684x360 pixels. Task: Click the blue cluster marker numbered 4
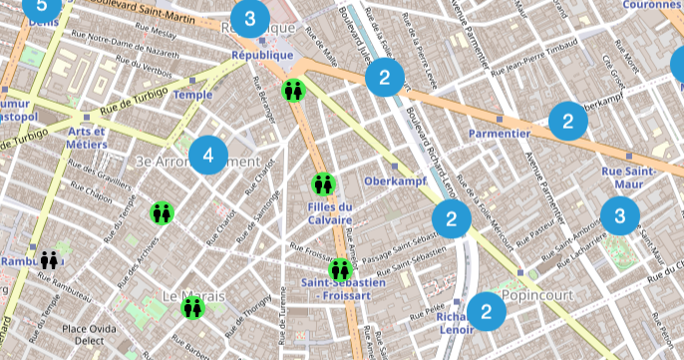click(207, 155)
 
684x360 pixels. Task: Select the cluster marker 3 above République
click(249, 18)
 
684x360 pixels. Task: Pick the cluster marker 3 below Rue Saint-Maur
click(620, 214)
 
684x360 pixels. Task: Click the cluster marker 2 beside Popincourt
click(487, 312)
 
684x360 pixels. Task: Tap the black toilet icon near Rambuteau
click(50, 260)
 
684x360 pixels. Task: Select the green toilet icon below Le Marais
click(192, 308)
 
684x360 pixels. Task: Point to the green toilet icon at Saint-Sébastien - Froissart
click(341, 269)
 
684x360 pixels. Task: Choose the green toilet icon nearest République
click(293, 91)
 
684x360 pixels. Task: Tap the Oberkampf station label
click(394, 181)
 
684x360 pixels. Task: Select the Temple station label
click(193, 95)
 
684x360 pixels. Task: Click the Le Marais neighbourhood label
click(192, 295)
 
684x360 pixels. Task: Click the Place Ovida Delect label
click(91, 336)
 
